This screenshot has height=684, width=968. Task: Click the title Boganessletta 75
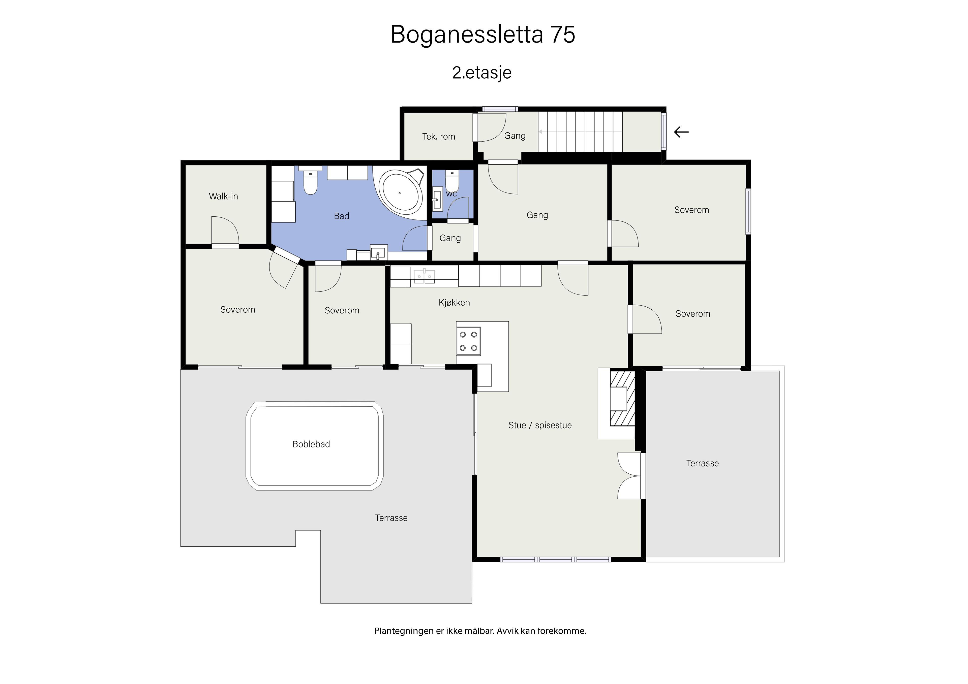click(x=483, y=34)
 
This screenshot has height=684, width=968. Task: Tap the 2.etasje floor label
click(x=482, y=73)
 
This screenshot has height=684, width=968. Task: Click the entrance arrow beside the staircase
click(x=681, y=132)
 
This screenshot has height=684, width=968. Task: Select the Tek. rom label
click(x=439, y=137)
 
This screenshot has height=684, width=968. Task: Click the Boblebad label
click(x=311, y=444)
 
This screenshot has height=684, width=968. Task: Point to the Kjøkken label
click(x=454, y=303)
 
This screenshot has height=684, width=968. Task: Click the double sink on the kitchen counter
click(x=424, y=276)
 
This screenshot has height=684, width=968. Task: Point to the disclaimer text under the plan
click(x=480, y=631)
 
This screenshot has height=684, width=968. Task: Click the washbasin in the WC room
click(x=437, y=198)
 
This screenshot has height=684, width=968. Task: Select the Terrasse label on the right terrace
click(x=702, y=464)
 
